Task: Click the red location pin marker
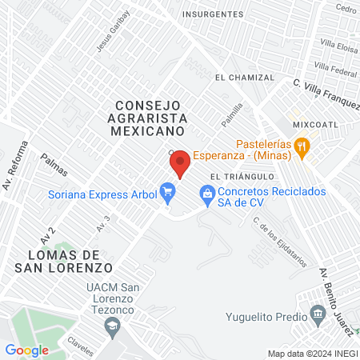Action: coord(180,162)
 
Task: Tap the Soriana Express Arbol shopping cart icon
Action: coord(167,190)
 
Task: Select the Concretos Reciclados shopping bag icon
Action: coord(207,192)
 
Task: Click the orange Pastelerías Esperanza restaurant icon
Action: coord(302,146)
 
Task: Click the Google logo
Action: coord(26,350)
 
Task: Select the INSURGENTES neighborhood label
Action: coord(212,14)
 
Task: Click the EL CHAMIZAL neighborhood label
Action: coord(244,78)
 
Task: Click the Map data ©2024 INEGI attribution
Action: coord(312,354)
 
